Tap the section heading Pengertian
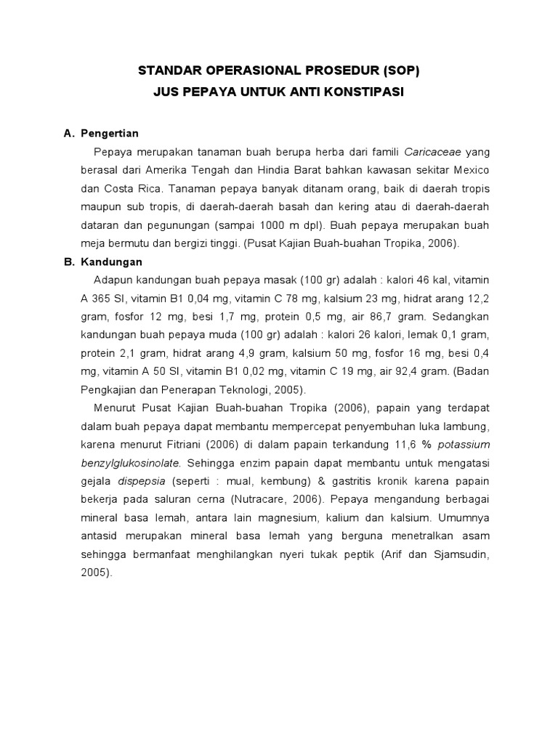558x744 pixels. [x=109, y=134]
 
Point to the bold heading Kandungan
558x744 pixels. [x=111, y=262]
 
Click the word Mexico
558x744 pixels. [x=470, y=169]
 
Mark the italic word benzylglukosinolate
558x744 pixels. [x=129, y=463]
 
